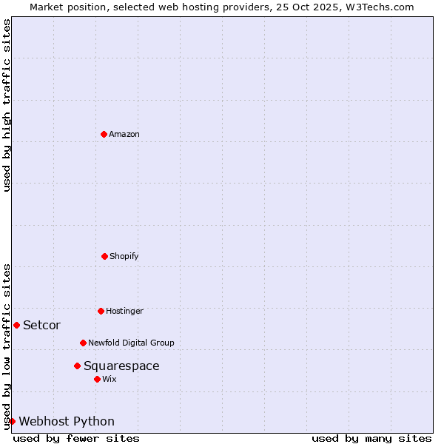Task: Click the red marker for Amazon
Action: [x=104, y=134]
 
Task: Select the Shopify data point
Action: [x=104, y=256]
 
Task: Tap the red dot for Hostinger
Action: [x=101, y=311]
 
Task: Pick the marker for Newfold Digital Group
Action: [x=83, y=343]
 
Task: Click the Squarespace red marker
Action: [x=77, y=366]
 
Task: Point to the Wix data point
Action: [x=97, y=379]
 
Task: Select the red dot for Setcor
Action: [x=16, y=325]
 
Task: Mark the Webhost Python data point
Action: [x=12, y=421]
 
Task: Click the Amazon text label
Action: [x=124, y=134]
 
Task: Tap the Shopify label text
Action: [x=124, y=256]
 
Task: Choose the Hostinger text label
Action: [x=124, y=311]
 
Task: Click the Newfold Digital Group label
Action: [x=131, y=343]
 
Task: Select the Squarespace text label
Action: [x=121, y=366]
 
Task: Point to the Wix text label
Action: [x=110, y=379]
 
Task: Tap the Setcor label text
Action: [x=41, y=325]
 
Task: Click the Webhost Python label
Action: [x=67, y=421]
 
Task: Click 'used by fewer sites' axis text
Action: [x=76, y=438]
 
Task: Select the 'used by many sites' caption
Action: [x=371, y=438]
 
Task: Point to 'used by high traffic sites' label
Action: [x=7, y=105]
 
